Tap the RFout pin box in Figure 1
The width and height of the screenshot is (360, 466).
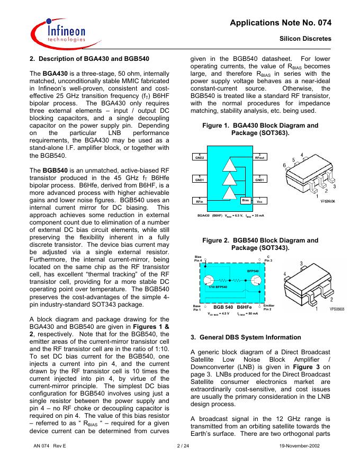click(x=260, y=156)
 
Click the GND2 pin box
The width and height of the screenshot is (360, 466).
click(x=200, y=156)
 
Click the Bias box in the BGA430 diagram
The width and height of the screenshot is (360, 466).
click(x=245, y=200)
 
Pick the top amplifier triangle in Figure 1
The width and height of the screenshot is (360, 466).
click(x=230, y=164)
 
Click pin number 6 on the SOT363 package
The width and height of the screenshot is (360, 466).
click(x=284, y=166)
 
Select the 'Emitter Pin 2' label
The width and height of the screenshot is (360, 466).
click(x=268, y=307)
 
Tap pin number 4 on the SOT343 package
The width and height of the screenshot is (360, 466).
click(x=286, y=274)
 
